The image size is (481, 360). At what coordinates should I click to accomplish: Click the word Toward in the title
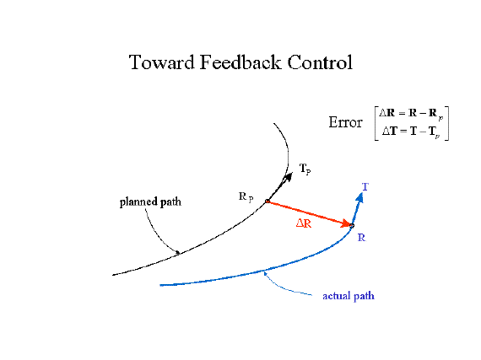tap(162, 62)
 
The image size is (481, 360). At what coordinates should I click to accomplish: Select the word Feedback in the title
tap(240, 62)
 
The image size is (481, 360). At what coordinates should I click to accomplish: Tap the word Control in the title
tap(320, 62)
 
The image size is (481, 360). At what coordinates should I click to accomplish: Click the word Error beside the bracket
tap(345, 122)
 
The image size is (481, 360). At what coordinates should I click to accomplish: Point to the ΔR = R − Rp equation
tap(411, 114)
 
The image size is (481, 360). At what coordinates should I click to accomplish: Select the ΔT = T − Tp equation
tap(411, 132)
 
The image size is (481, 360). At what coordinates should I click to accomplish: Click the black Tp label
tap(305, 169)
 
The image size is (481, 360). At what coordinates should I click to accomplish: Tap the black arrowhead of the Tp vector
tap(289, 177)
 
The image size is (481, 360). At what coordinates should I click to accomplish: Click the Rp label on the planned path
tap(246, 197)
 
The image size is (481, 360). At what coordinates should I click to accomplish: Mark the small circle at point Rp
tap(268, 201)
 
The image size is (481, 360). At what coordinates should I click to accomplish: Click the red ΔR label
tap(304, 223)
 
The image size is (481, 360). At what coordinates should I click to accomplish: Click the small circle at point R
tap(352, 226)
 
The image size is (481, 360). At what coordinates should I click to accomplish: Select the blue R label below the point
tap(362, 238)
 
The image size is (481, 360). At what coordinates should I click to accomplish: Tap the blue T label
tap(365, 186)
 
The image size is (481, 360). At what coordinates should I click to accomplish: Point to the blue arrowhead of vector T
tap(359, 196)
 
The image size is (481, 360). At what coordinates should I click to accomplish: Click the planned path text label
tap(150, 202)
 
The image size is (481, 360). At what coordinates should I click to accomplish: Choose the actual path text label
tap(349, 296)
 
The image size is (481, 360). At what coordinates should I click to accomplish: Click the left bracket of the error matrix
tap(376, 123)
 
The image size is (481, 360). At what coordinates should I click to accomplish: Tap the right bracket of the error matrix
tap(447, 123)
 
